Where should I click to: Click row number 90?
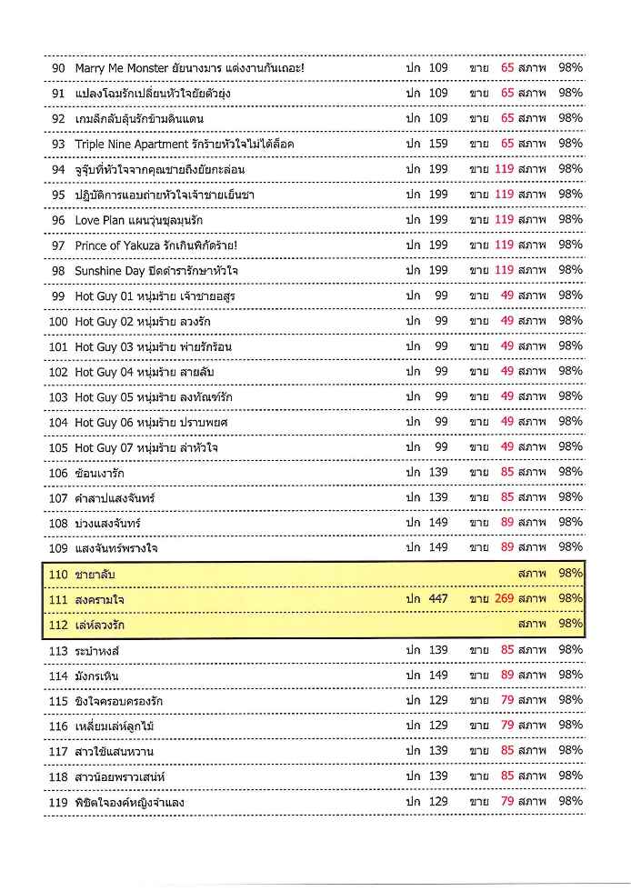(57, 67)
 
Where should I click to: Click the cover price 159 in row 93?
(438, 144)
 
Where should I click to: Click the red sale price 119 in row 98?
(505, 270)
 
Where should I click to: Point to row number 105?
(58, 447)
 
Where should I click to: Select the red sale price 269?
(505, 598)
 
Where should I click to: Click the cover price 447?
(438, 598)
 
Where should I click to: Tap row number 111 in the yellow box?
(58, 598)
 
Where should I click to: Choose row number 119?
(58, 801)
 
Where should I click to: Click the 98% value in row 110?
(570, 574)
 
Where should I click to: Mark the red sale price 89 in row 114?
(507, 675)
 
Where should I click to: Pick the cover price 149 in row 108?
(438, 523)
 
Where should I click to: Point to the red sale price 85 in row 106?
(507, 472)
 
